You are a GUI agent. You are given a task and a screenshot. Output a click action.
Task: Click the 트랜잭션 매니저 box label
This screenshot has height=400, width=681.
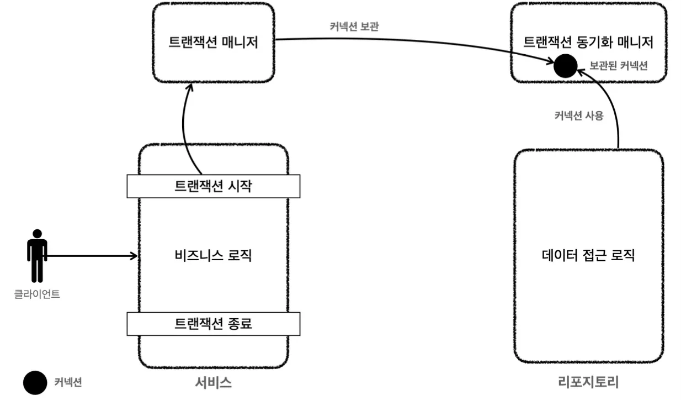click(x=213, y=42)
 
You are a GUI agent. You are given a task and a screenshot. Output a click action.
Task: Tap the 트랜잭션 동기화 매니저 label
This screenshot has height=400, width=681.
click(x=588, y=42)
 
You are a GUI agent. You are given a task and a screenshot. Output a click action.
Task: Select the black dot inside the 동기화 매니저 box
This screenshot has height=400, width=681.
click(x=565, y=66)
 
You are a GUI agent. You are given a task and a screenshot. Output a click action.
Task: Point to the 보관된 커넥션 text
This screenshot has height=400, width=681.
click(x=619, y=65)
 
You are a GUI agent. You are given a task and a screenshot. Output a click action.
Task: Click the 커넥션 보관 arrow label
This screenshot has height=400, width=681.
click(x=354, y=27)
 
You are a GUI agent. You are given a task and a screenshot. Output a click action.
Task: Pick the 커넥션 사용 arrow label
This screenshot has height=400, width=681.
click(x=579, y=115)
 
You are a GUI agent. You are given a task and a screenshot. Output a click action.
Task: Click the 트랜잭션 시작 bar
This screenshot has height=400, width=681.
click(x=214, y=186)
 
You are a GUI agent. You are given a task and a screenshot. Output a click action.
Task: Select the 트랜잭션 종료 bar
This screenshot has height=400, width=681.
click(x=214, y=324)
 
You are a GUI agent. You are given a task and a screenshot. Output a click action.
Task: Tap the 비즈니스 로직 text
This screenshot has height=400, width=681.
click(x=213, y=255)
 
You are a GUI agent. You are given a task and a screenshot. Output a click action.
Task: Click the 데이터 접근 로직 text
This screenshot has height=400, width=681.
click(x=588, y=255)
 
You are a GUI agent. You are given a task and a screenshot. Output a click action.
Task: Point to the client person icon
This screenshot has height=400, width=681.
click(x=37, y=256)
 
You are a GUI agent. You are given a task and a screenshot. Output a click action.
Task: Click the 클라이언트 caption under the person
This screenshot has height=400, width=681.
click(x=37, y=294)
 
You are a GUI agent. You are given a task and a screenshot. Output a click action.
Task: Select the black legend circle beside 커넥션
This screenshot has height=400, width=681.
click(x=35, y=383)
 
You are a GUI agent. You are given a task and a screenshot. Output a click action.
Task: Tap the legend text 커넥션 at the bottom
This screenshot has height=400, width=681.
click(x=68, y=382)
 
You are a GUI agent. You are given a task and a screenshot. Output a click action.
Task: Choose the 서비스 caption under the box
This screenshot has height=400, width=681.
click(x=213, y=383)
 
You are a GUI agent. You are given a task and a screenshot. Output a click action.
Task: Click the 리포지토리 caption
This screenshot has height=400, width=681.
click(x=588, y=382)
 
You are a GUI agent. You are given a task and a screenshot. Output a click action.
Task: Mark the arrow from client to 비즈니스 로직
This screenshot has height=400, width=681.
click(x=92, y=256)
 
